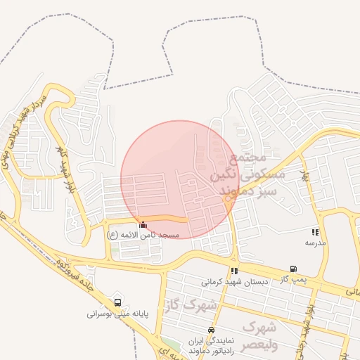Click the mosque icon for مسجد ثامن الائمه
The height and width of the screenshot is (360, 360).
coord(144,224)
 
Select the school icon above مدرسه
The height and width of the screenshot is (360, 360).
coord(315,231)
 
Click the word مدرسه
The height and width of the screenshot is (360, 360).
coord(315,242)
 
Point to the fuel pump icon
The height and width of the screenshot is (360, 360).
coord(292,269)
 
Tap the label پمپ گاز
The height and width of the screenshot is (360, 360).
coord(292,279)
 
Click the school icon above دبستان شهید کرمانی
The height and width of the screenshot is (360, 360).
coord(234,271)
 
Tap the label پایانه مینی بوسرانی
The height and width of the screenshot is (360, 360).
coord(116,314)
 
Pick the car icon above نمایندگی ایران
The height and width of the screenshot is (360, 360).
coord(211,330)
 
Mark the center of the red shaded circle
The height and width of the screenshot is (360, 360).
coord(179,179)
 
